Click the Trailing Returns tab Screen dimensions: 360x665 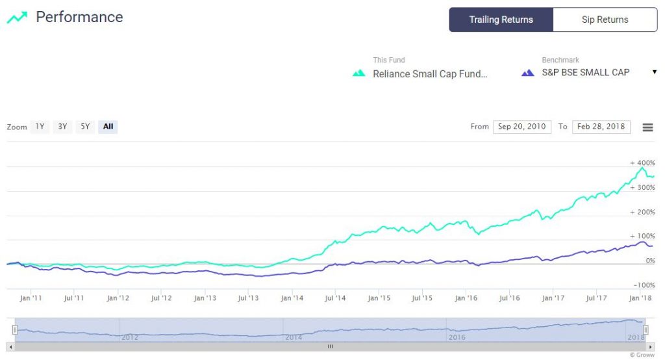point(501,19)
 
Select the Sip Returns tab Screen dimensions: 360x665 point(605,19)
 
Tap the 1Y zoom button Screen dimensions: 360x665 point(40,127)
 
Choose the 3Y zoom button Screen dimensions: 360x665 point(62,127)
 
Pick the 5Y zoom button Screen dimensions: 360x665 point(85,127)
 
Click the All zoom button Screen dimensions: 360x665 point(108,127)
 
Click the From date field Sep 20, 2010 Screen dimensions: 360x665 point(522,127)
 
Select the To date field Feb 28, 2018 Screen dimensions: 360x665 point(601,127)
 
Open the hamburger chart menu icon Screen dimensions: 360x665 point(647,127)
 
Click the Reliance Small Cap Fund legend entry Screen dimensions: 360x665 point(429,73)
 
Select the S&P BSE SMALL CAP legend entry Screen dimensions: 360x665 point(585,72)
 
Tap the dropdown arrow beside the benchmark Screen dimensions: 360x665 point(654,72)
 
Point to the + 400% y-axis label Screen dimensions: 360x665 point(642,162)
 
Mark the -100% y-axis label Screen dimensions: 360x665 point(642,285)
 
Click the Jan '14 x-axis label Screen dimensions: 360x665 point(292,298)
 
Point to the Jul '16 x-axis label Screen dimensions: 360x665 point(509,298)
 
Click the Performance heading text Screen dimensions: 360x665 point(79,17)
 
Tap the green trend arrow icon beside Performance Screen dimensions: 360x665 point(17,18)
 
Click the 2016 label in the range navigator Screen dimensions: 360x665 point(457,338)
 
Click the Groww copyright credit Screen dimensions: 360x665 point(642,355)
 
